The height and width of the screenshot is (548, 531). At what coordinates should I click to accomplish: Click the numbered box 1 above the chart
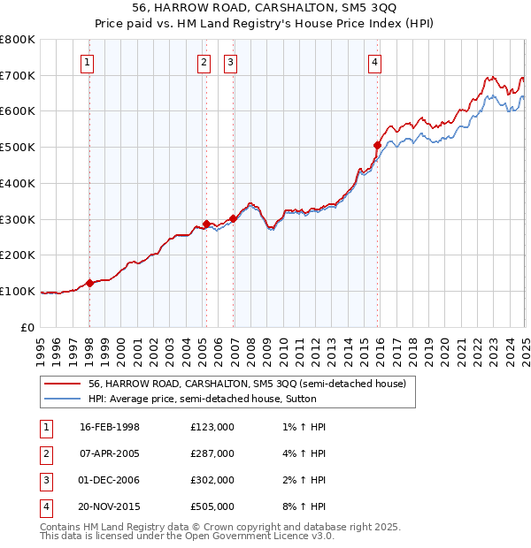coord(88,62)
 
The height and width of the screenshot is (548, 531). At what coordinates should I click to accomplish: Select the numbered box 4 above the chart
coord(375,62)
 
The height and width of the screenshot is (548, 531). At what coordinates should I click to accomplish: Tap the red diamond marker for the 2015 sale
coord(377,145)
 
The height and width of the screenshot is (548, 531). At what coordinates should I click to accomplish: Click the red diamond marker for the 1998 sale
coord(89,283)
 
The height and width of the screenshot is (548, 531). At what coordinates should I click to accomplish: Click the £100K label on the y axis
coord(18,291)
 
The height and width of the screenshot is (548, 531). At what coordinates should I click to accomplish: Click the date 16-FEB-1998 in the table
coord(110,427)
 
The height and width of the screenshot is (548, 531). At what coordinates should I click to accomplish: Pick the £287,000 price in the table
coord(212,453)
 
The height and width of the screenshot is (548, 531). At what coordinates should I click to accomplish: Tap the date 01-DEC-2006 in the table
coord(110,480)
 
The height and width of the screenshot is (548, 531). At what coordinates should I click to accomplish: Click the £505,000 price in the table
coord(212,506)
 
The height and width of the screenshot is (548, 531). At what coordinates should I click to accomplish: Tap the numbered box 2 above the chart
coord(204,62)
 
